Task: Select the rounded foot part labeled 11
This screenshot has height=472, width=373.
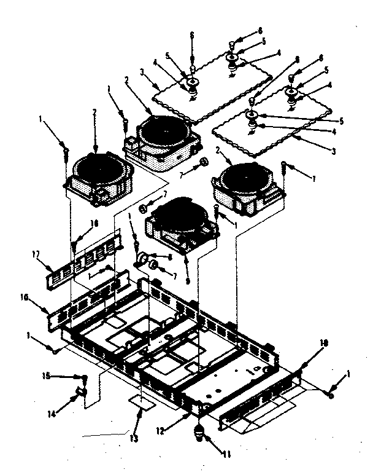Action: click(x=201, y=434)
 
